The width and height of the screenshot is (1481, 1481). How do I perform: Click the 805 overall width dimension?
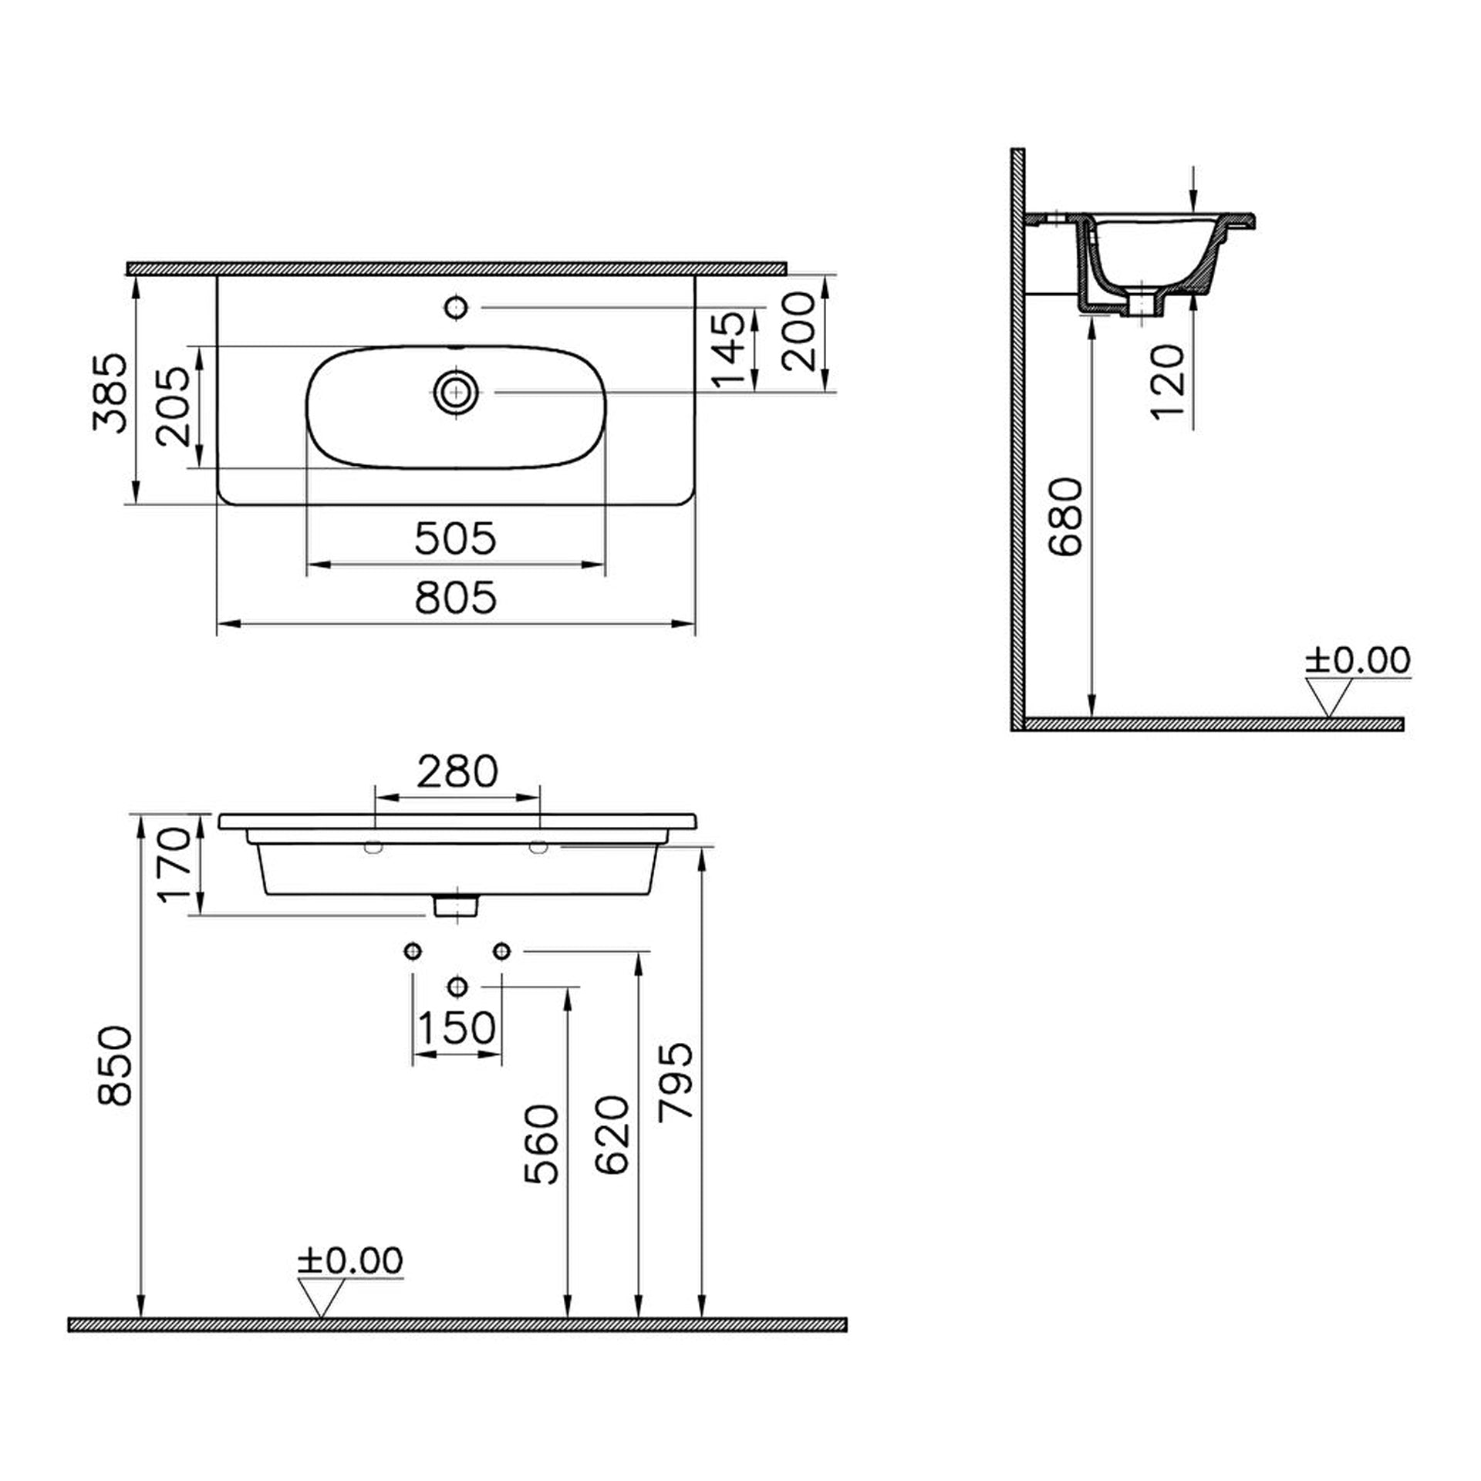coord(456,598)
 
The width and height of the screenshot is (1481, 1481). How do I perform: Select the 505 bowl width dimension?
coord(456,538)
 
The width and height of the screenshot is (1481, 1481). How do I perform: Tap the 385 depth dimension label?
coord(109,393)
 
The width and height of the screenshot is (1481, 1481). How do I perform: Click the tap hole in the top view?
coord(457,308)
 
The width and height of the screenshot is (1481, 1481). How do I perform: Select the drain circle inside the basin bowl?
coord(457,393)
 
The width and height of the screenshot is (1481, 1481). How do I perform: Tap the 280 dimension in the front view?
coord(457,772)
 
